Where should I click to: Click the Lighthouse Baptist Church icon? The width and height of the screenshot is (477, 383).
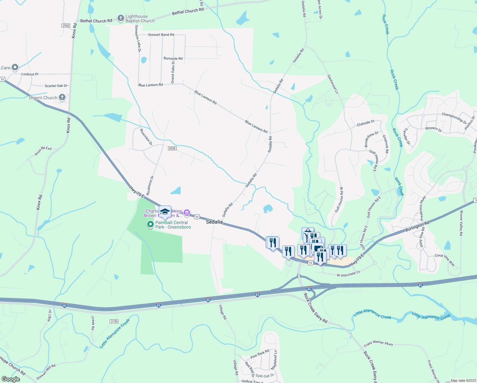[121, 19]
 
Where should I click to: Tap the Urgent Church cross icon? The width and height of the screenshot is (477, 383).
[62, 97]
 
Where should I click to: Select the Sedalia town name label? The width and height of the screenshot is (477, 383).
[214, 222]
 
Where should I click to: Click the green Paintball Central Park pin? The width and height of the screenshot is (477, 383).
[150, 225]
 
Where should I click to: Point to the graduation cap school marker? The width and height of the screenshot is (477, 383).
[165, 212]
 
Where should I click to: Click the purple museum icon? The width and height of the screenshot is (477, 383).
[187, 213]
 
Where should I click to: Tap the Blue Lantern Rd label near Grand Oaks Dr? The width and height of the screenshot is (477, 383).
[150, 85]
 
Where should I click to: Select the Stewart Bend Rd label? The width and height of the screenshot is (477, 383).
[161, 35]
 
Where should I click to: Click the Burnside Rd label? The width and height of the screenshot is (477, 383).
[173, 59]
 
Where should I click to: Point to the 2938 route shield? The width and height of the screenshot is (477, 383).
[172, 148]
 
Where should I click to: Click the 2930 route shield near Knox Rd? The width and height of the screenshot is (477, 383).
[66, 26]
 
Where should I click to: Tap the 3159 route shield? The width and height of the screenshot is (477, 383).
[114, 321]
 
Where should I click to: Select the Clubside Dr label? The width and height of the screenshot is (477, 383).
[365, 123]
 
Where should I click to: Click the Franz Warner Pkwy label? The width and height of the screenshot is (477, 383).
[378, 343]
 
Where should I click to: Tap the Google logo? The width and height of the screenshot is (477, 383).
[11, 379]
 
